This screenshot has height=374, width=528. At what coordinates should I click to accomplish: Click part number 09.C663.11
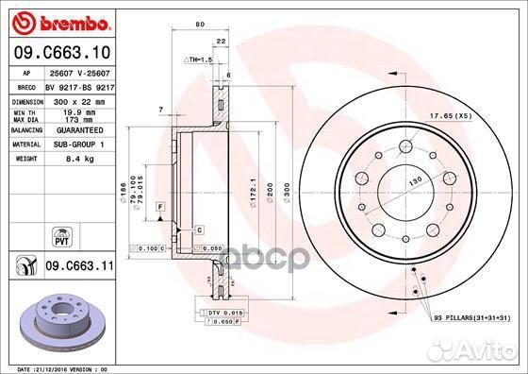[77, 268]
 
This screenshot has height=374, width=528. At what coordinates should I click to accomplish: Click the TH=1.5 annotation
[197, 59]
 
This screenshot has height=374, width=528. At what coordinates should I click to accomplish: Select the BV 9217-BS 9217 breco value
[79, 86]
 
